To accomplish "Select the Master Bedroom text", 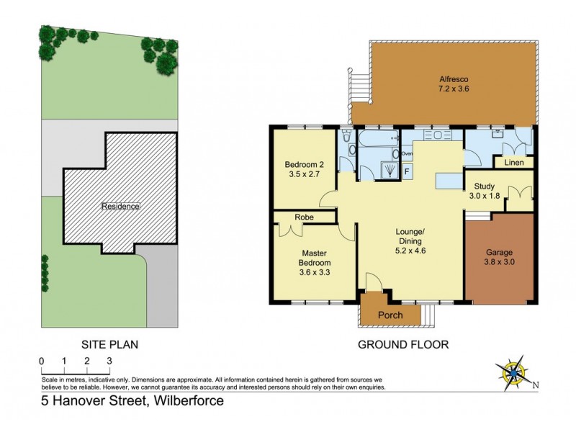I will pyautogui.click(x=315, y=258).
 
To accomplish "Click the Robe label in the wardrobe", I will pyautogui.click(x=302, y=216).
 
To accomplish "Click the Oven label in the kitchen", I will pyautogui.click(x=407, y=154).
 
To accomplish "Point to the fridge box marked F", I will pyautogui.click(x=407, y=171).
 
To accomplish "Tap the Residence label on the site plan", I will pyautogui.click(x=120, y=206).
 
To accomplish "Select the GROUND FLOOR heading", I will pyautogui.click(x=403, y=345).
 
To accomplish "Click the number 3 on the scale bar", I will pyautogui.click(x=109, y=361).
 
